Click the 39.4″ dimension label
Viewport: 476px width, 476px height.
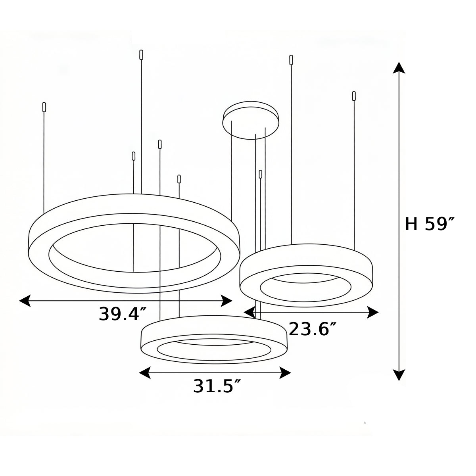coord(119,314)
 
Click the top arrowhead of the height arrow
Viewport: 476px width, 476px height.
coord(399,68)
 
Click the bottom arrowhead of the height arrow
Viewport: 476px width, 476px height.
coord(399,375)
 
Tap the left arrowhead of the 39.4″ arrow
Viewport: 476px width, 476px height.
coord(25,301)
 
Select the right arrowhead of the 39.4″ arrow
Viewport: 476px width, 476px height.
coord(226,301)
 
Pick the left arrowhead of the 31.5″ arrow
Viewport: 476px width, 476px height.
coord(145,373)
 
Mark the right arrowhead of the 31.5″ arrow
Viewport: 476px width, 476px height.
coord(286,373)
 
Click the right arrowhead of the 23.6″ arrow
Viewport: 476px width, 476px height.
coord(373,312)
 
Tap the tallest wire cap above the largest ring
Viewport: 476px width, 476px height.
coord(141,55)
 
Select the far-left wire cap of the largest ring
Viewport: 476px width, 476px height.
coord(44,107)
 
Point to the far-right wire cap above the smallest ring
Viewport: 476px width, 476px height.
coord(354,96)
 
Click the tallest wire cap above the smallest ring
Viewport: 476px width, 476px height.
coord(292,60)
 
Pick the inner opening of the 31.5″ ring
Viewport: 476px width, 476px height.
coord(214,349)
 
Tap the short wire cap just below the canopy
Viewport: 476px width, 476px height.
coord(261,174)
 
